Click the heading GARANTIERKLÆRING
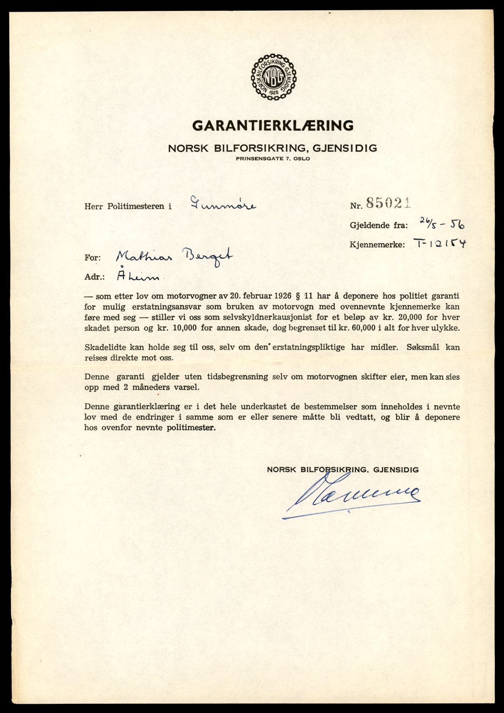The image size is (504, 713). point(273,125)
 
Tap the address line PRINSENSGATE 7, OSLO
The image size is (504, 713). point(273,159)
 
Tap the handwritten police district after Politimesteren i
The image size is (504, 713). point(223,204)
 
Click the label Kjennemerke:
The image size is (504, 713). point(377,245)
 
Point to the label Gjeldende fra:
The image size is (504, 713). point(379,226)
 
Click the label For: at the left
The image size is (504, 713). point(92,258)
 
